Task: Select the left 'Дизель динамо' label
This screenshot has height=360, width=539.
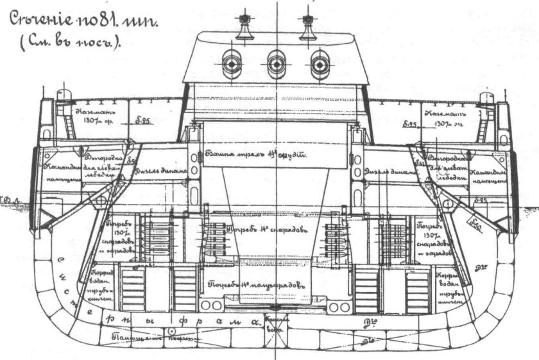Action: [160, 172]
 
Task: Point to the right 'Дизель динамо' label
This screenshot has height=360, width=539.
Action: [388, 172]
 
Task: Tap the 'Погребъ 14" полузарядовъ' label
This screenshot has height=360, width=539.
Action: [252, 282]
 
